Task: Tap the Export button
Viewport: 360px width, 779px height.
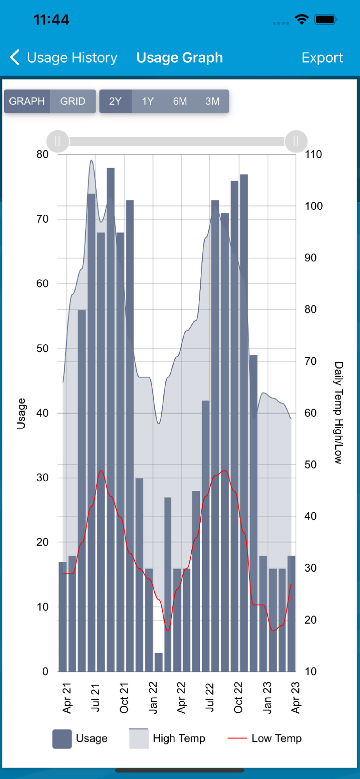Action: coord(322,58)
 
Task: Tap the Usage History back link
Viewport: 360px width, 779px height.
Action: coord(64,58)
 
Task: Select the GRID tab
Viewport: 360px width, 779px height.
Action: coord(72,101)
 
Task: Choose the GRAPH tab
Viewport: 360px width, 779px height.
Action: coord(27,101)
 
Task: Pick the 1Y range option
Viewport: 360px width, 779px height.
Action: coord(148,101)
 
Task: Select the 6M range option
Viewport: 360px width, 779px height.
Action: coord(180,101)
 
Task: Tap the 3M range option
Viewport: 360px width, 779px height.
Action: coord(212,101)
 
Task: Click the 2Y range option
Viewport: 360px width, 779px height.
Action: coord(115,101)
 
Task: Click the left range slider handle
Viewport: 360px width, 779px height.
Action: coord(58,141)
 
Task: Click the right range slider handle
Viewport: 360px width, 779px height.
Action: coord(296,141)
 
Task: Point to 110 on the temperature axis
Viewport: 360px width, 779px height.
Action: coord(313,155)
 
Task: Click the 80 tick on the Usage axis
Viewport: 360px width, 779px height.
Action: coord(42,155)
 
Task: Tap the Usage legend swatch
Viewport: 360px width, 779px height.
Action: coord(62,739)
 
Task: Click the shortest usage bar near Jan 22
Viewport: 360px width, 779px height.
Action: coord(159,662)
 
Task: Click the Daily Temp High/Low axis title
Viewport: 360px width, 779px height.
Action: coord(338,413)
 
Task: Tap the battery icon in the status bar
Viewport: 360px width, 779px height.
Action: coord(325,19)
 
